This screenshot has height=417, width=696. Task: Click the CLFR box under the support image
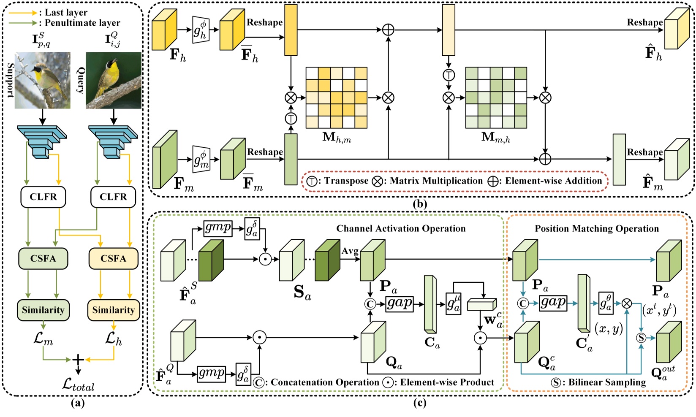coord(43,197)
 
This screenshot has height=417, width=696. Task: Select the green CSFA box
coord(43,258)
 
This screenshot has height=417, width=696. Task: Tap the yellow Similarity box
coord(113,310)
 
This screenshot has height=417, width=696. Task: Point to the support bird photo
coord(43,80)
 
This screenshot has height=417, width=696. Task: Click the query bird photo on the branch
coord(113,80)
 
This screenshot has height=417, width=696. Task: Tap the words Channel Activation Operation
coord(401,229)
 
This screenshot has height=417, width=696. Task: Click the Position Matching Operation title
coord(597,229)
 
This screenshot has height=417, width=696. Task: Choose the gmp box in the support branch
coord(218,227)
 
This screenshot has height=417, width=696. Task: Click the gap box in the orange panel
coord(553,302)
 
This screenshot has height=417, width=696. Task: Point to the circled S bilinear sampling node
coord(641,337)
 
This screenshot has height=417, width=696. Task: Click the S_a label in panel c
coord(302,292)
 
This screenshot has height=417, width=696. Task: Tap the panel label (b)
coord(420,204)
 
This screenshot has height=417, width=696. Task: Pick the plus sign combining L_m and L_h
coord(78,360)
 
